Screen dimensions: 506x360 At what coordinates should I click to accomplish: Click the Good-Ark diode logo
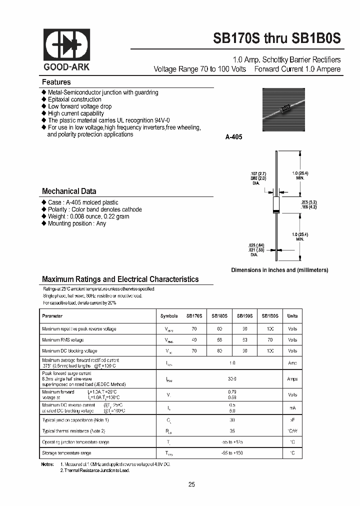67,45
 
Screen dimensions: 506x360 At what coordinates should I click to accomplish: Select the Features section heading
56,82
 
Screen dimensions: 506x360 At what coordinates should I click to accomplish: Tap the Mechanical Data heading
69,191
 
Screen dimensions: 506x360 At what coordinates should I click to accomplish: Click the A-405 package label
233,136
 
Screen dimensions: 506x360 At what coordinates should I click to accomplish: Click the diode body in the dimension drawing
275,204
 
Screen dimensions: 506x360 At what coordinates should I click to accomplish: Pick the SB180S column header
219,316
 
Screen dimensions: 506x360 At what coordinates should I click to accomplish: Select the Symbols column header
169,316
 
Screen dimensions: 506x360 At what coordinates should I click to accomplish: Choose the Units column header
292,316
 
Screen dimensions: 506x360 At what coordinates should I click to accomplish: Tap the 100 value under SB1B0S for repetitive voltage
270,328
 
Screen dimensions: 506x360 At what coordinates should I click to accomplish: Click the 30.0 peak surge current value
232,379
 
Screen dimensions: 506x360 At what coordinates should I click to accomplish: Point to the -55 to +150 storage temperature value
232,453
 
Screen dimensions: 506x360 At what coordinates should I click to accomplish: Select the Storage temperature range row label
66,453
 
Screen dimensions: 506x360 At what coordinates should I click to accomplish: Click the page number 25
191,484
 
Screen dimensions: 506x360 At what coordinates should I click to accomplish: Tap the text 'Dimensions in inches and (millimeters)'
279,270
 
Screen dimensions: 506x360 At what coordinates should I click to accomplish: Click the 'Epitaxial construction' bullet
74,99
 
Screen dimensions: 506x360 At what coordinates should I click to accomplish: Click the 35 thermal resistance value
232,430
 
